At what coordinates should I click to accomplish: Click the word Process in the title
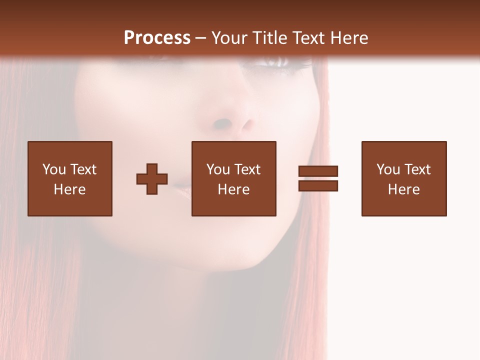tap(157, 38)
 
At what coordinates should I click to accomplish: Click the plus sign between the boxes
tap(152, 179)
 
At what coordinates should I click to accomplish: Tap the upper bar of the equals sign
tap(318, 171)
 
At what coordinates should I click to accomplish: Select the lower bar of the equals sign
tap(318, 186)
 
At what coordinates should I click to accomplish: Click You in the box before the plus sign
tap(54, 169)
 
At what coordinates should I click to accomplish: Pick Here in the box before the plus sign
tap(69, 189)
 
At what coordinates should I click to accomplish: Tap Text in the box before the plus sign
tap(83, 169)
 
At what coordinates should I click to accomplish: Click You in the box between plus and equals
tap(218, 169)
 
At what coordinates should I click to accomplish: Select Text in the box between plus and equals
tap(247, 169)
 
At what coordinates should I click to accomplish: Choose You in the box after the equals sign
tap(388, 169)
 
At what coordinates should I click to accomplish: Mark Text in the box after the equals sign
tap(417, 169)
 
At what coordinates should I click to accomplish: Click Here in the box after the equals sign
tap(403, 189)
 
